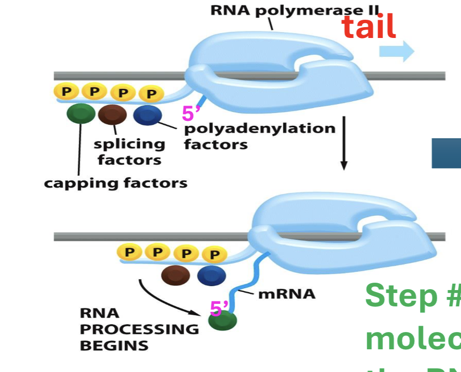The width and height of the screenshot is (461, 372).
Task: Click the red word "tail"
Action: [x=369, y=28]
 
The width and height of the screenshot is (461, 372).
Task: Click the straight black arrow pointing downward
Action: [x=344, y=143]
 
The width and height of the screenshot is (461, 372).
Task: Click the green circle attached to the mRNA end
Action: [x=223, y=321]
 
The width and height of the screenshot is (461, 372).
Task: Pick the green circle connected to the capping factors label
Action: [x=81, y=114]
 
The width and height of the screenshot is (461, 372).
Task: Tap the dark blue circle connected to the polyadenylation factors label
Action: [x=147, y=115]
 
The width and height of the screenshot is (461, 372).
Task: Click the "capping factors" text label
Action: [x=115, y=184]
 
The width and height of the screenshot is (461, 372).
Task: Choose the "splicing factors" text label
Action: [x=129, y=152]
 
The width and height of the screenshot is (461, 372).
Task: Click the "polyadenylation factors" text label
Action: [x=259, y=136]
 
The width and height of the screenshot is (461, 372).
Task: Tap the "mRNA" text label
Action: [x=287, y=294]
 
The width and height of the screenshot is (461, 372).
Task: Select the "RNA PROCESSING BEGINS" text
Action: [x=139, y=329]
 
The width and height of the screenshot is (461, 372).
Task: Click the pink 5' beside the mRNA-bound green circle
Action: [x=219, y=309]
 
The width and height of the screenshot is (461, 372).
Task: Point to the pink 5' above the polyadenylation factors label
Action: [x=191, y=114]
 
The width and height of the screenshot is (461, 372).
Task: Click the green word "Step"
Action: [x=398, y=295]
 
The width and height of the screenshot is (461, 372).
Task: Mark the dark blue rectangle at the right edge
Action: [x=446, y=153]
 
